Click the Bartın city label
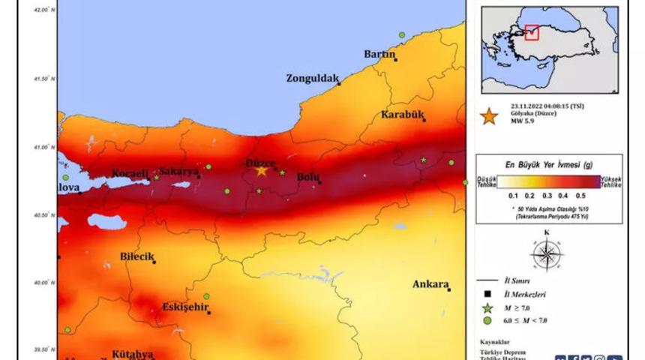[379, 54]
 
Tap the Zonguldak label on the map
[313, 78]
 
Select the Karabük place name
[403, 115]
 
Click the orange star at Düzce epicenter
[261, 171]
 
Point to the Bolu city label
[308, 177]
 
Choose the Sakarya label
[179, 172]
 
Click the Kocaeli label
[130, 173]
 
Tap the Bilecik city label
[136, 256]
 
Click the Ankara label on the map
[430, 284]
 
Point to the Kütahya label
[132, 353]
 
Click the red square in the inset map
[532, 32]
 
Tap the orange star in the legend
[489, 116]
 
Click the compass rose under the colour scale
[546, 252]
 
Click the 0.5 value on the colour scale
[581, 194]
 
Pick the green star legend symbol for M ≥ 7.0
[487, 307]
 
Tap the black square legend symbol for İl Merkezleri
[487, 294]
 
